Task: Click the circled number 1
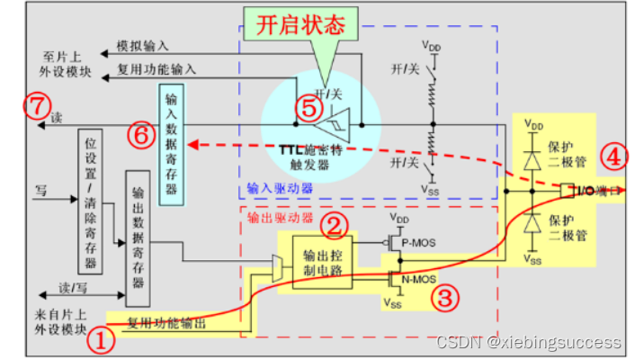104,341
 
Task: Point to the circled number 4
613,157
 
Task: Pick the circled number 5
309,109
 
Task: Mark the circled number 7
34,107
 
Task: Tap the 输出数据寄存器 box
139,237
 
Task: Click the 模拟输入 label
144,45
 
